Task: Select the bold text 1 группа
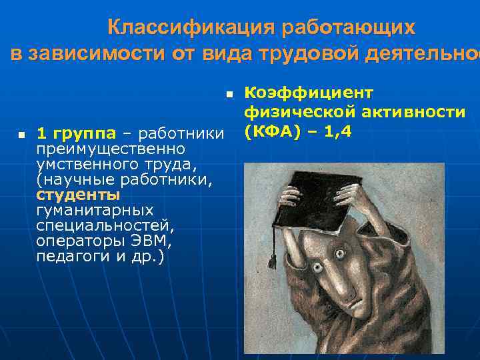click(x=76, y=134)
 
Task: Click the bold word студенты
click(x=79, y=195)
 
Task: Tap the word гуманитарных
click(x=95, y=211)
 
